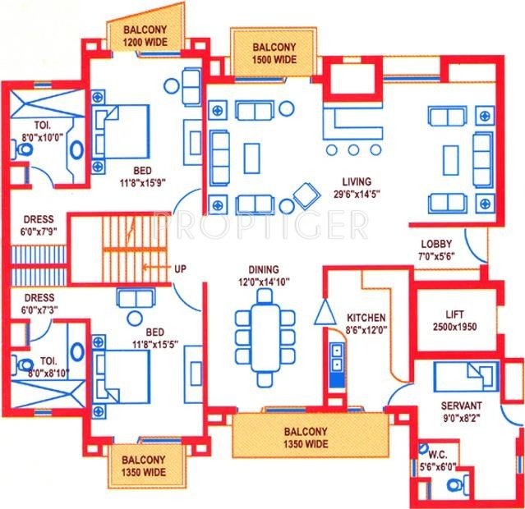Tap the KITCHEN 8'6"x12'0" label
(x=366, y=323)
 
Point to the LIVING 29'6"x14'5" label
(x=357, y=188)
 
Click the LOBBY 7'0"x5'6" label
(x=436, y=250)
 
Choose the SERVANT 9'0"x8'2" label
(x=461, y=410)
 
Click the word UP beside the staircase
(x=180, y=268)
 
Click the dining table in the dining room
(x=265, y=337)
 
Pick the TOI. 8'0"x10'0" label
(x=39, y=131)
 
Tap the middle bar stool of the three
(x=353, y=150)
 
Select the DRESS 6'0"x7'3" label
(x=39, y=303)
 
